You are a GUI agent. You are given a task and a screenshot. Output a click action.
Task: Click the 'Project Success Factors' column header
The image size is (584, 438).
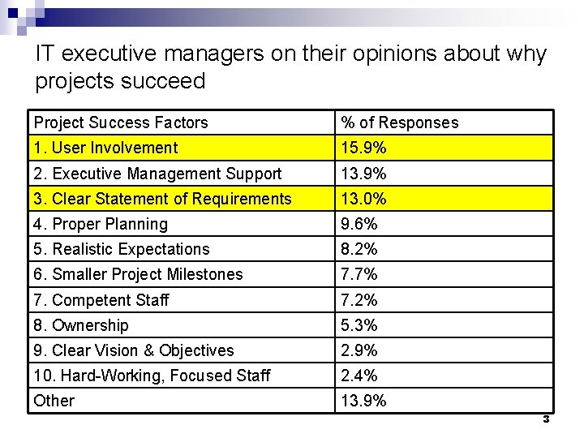pyautogui.click(x=121, y=123)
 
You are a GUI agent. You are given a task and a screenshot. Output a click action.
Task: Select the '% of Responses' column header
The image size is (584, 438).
pyautogui.click(x=399, y=123)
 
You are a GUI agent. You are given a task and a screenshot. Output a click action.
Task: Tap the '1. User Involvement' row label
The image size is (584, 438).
pyautogui.click(x=105, y=148)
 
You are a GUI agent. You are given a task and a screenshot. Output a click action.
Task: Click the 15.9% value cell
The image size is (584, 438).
pyautogui.click(x=363, y=148)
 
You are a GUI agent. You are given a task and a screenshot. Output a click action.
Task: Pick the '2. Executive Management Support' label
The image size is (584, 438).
pyautogui.click(x=157, y=174)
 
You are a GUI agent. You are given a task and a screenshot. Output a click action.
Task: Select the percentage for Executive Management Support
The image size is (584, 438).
pyautogui.click(x=363, y=174)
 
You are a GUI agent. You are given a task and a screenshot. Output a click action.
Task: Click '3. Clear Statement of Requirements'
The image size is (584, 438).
pyautogui.click(x=162, y=199)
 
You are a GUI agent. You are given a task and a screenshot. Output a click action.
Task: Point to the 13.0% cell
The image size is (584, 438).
pyautogui.click(x=363, y=199)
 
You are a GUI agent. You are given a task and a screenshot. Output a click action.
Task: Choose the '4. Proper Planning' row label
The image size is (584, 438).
pyautogui.click(x=101, y=224)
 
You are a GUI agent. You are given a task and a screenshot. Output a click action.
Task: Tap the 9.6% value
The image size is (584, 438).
pyautogui.click(x=359, y=224)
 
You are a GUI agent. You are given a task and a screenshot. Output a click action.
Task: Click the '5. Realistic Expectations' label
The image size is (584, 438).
pyautogui.click(x=122, y=249)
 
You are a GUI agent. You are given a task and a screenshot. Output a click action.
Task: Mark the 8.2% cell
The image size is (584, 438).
pyautogui.click(x=359, y=249)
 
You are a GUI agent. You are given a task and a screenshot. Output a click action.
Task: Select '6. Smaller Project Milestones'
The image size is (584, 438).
pyautogui.click(x=138, y=274)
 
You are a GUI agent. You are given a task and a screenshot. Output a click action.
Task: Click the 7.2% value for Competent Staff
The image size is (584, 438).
pyautogui.click(x=359, y=300)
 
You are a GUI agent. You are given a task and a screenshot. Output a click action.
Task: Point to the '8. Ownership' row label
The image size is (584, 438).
pyautogui.click(x=81, y=325)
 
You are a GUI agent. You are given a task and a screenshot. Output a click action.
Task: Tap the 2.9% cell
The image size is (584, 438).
pyautogui.click(x=359, y=350)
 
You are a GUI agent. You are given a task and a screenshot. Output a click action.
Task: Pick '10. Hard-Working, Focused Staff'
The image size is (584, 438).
pyautogui.click(x=152, y=376)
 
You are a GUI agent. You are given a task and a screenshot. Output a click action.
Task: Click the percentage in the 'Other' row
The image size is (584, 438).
pyautogui.click(x=363, y=401)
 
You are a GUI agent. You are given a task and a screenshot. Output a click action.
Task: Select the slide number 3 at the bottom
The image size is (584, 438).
pyautogui.click(x=546, y=419)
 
